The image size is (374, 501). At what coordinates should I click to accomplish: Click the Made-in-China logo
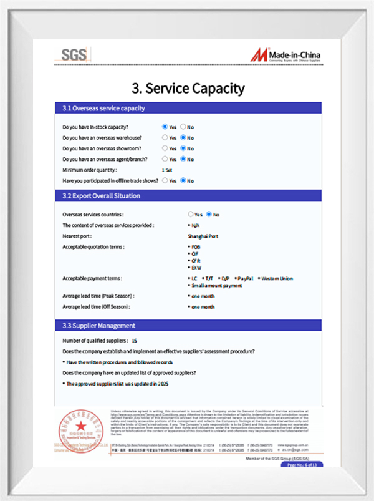[x=286, y=55]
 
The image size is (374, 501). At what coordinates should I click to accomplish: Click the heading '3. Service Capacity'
[x=188, y=89]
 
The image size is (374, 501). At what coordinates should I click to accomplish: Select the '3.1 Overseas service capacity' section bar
[x=188, y=108]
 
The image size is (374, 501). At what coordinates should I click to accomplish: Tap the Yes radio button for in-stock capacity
[x=165, y=127]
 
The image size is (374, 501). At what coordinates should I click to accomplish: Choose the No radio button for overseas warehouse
[x=183, y=137]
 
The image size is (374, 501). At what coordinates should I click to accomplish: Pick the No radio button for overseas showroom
[x=183, y=148]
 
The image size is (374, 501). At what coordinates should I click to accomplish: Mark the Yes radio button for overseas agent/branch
[x=165, y=159]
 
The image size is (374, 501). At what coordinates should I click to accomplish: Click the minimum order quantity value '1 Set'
[x=167, y=170]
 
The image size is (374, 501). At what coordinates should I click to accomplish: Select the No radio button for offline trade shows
[x=183, y=180]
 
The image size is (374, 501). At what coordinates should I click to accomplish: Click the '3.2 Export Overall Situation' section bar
[x=188, y=196]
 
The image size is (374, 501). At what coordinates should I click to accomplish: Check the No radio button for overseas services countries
[x=209, y=215]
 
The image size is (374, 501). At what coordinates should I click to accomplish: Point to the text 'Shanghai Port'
[x=203, y=236]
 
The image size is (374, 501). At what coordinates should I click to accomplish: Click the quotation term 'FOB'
[x=196, y=247]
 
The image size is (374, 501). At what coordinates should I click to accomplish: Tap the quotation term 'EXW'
[x=196, y=268]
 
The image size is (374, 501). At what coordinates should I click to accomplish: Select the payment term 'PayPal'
[x=245, y=278]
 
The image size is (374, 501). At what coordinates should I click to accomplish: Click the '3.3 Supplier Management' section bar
[x=188, y=326]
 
